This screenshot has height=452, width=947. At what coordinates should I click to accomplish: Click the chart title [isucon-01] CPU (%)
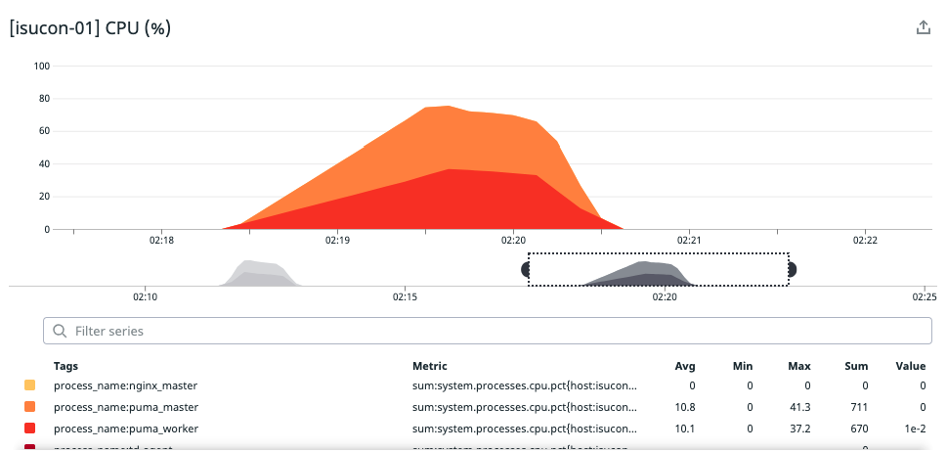click(90, 28)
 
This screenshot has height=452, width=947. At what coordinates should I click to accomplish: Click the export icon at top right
click(923, 28)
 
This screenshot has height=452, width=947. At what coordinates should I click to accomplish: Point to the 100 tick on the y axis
click(42, 66)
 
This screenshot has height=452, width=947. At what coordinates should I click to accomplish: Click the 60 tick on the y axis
click(44, 131)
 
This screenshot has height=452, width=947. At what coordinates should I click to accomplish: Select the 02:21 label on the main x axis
click(689, 240)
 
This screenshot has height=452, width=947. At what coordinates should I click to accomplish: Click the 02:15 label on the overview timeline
click(405, 295)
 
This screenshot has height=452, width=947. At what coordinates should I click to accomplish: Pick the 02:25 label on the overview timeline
click(924, 295)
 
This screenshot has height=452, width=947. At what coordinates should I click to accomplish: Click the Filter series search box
click(488, 331)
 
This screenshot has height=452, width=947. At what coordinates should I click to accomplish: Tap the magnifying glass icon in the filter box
click(60, 331)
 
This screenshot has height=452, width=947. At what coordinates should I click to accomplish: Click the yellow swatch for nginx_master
click(30, 386)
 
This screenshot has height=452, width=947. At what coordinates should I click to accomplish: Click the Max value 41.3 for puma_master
click(800, 407)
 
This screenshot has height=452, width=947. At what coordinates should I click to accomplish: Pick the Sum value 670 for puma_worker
click(856, 428)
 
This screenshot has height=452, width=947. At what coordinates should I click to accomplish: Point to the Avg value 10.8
click(685, 407)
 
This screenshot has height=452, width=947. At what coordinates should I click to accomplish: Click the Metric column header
click(430, 366)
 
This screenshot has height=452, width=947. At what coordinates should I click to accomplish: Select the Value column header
click(910, 366)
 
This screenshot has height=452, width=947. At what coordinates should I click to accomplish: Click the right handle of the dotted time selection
click(792, 269)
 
